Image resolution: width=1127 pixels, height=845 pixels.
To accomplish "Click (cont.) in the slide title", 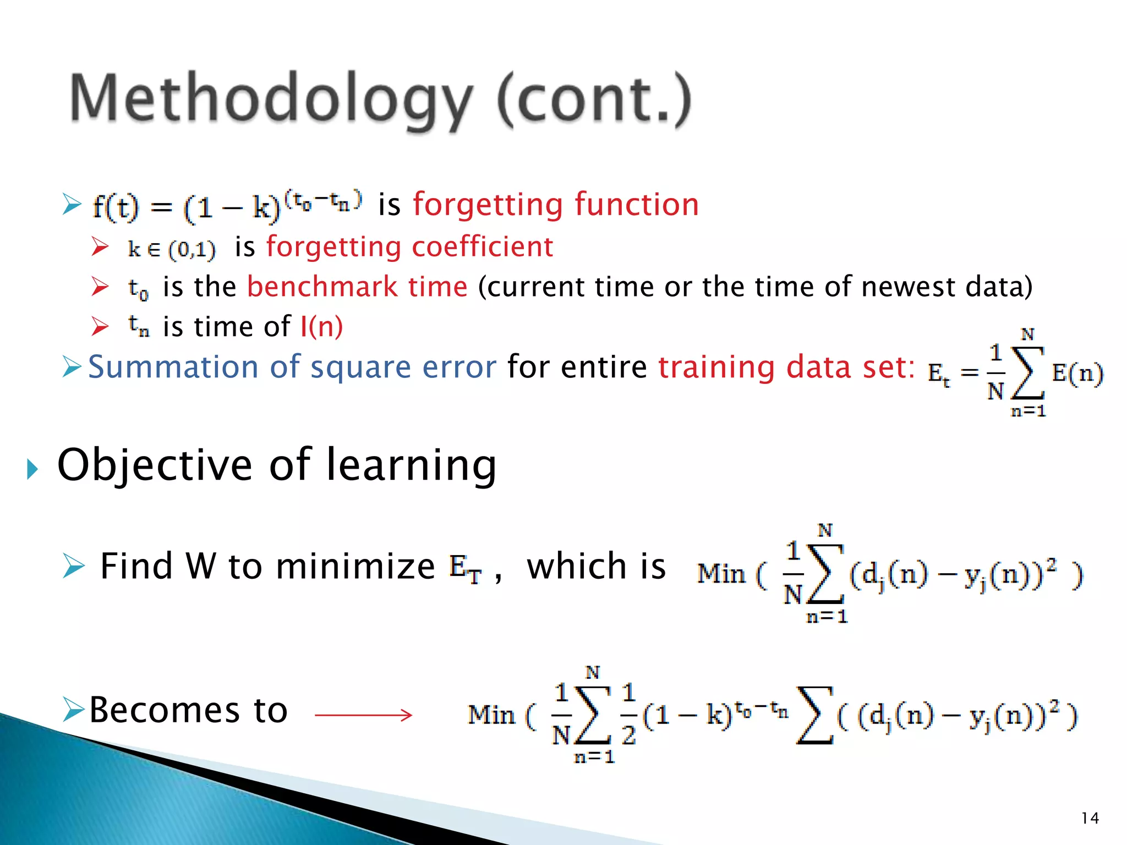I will click(x=594, y=99).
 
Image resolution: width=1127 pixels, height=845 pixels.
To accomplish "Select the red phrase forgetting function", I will click(x=556, y=205).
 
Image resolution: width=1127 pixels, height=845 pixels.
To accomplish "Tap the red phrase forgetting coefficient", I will click(x=409, y=246).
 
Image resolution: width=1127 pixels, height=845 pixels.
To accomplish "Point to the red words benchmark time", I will click(x=357, y=287).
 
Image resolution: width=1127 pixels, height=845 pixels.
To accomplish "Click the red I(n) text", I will click(x=321, y=327).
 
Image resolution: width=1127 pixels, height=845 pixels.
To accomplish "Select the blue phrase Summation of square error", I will click(x=292, y=367).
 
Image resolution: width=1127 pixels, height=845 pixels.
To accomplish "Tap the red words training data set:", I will click(x=787, y=367).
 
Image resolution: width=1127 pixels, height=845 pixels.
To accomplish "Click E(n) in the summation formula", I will click(x=1077, y=374).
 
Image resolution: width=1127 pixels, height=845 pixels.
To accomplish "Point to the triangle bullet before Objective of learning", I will click(x=32, y=469).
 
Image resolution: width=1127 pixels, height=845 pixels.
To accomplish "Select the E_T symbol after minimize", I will click(x=466, y=568).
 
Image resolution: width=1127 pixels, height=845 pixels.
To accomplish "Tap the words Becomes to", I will click(x=188, y=710).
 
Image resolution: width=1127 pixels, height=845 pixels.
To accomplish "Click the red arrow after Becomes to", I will click(x=363, y=715).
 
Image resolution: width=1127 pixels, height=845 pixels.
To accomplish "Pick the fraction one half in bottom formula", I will click(x=628, y=714).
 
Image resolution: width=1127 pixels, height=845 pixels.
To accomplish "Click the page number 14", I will click(x=1090, y=818).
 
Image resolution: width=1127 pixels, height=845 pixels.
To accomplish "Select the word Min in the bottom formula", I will click(x=491, y=715).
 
